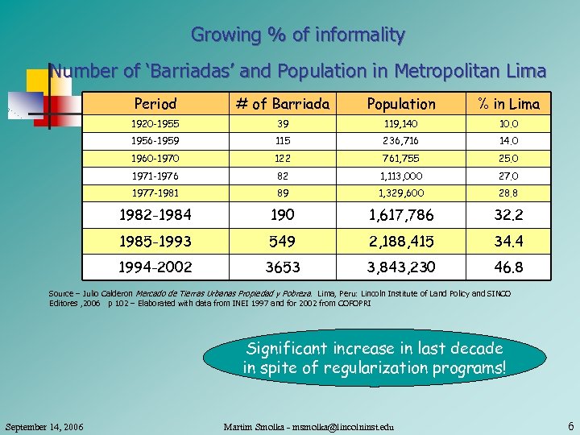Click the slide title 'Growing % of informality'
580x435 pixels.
(x=297, y=35)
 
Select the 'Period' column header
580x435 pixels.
(x=155, y=104)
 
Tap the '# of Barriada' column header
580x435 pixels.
(x=281, y=104)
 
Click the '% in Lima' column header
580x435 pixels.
(x=508, y=104)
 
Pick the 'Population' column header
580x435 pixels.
(x=401, y=104)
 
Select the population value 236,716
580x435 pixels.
(x=401, y=140)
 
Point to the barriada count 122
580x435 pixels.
(x=281, y=158)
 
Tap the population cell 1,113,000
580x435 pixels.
(x=401, y=176)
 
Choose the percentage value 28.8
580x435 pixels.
(x=508, y=193)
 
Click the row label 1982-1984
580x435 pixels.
(x=155, y=215)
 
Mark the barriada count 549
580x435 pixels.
(x=281, y=241)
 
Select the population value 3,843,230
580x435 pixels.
(x=401, y=267)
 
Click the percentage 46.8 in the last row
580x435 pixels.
(x=508, y=267)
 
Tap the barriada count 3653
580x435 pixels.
(x=281, y=267)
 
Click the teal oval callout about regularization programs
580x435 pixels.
(x=375, y=358)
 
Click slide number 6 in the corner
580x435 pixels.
(x=570, y=425)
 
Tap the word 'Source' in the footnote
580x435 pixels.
(x=62, y=293)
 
